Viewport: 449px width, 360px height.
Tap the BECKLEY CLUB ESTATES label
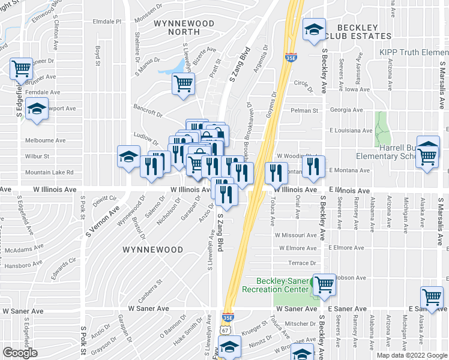357,32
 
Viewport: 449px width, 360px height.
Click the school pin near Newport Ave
37,109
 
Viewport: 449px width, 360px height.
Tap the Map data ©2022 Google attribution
411,355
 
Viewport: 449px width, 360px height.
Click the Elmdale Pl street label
107,21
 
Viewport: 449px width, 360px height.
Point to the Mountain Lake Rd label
49,172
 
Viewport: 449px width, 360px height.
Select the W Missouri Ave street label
296,235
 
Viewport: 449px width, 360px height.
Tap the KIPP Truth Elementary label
414,53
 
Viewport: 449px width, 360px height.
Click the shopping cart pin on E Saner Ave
432,298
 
